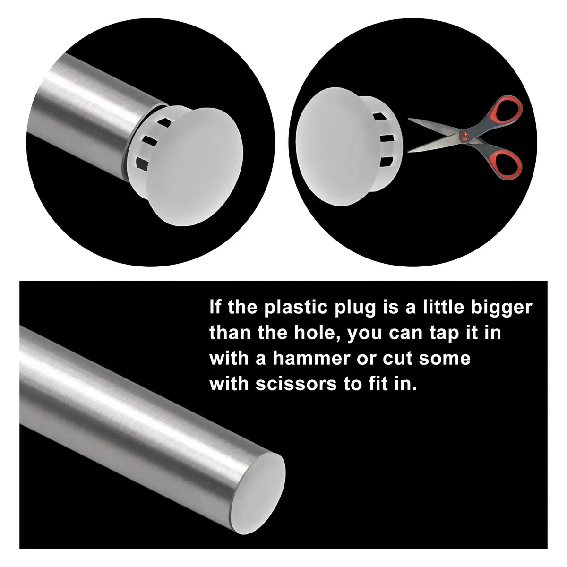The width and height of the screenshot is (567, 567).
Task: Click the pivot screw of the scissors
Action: pos(464,136)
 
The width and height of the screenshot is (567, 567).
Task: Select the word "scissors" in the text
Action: pos(296,385)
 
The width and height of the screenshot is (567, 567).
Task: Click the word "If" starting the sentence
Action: pos(215,307)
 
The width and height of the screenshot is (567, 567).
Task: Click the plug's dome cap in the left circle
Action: pos(194,167)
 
